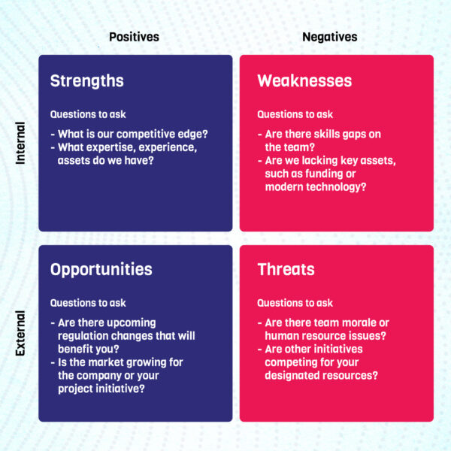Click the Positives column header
tap(134, 37)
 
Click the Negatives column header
tap(329, 37)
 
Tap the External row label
tap(20, 333)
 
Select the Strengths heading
tap(86, 80)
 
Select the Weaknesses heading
tap(304, 80)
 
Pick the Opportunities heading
tap(101, 269)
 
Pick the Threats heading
tap(286, 269)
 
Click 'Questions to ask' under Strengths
tap(88, 114)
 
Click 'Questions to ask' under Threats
tap(295, 303)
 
